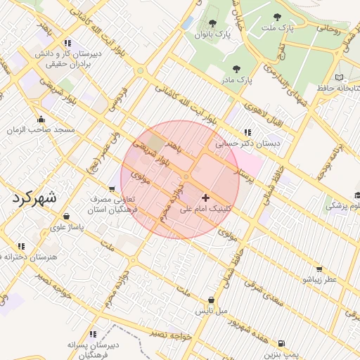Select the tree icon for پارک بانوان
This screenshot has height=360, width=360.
[x=212, y=23]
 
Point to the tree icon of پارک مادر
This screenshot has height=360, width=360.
[x=236, y=69]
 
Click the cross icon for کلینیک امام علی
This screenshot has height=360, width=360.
[x=205, y=198]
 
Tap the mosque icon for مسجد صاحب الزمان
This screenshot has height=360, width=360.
[x=41, y=119]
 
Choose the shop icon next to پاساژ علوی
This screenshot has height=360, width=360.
[x=66, y=216]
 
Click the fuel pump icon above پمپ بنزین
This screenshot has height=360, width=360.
[x=282, y=343]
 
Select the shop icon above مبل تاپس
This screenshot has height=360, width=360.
[x=212, y=300]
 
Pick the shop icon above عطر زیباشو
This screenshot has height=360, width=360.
[x=320, y=269]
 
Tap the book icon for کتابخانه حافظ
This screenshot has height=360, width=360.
[x=340, y=77]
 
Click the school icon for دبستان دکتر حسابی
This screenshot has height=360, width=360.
[x=247, y=131]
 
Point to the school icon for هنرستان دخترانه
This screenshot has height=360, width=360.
[x=21, y=245]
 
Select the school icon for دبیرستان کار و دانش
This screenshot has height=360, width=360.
[x=67, y=42]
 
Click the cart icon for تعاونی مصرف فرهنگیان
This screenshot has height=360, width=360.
[x=112, y=188]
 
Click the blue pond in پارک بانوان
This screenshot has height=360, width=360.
[x=187, y=22]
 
